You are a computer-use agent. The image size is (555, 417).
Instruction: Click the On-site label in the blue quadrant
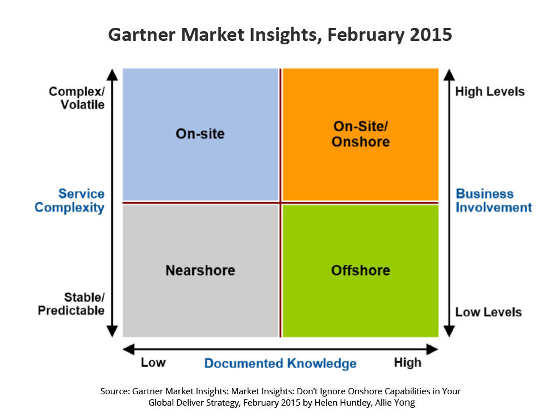[200, 134]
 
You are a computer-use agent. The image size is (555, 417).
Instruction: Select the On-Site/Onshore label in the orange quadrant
[361, 134]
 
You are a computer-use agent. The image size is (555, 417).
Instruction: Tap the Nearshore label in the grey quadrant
[201, 270]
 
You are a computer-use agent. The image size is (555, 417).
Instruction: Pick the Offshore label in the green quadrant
[361, 270]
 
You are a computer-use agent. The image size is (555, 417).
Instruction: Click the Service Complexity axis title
[70, 201]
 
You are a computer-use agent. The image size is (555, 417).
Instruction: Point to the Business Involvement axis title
[494, 201]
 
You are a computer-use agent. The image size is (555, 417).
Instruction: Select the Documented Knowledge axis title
[280, 364]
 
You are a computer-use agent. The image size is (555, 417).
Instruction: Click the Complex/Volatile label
[77, 98]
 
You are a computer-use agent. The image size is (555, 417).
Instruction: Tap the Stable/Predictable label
[71, 304]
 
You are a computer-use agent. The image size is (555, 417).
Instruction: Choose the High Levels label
[490, 91]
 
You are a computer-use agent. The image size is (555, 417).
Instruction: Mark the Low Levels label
[489, 312]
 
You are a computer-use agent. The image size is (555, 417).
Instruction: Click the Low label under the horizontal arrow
[153, 362]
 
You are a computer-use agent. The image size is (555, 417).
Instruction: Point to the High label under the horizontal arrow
[408, 363]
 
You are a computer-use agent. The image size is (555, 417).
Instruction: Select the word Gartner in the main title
[142, 35]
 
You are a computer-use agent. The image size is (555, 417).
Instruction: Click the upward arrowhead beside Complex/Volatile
[112, 75]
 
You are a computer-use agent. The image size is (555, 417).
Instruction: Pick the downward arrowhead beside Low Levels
[449, 331]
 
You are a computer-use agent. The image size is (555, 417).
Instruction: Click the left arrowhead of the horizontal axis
[129, 349]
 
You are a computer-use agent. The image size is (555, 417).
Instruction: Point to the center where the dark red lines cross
[281, 203]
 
